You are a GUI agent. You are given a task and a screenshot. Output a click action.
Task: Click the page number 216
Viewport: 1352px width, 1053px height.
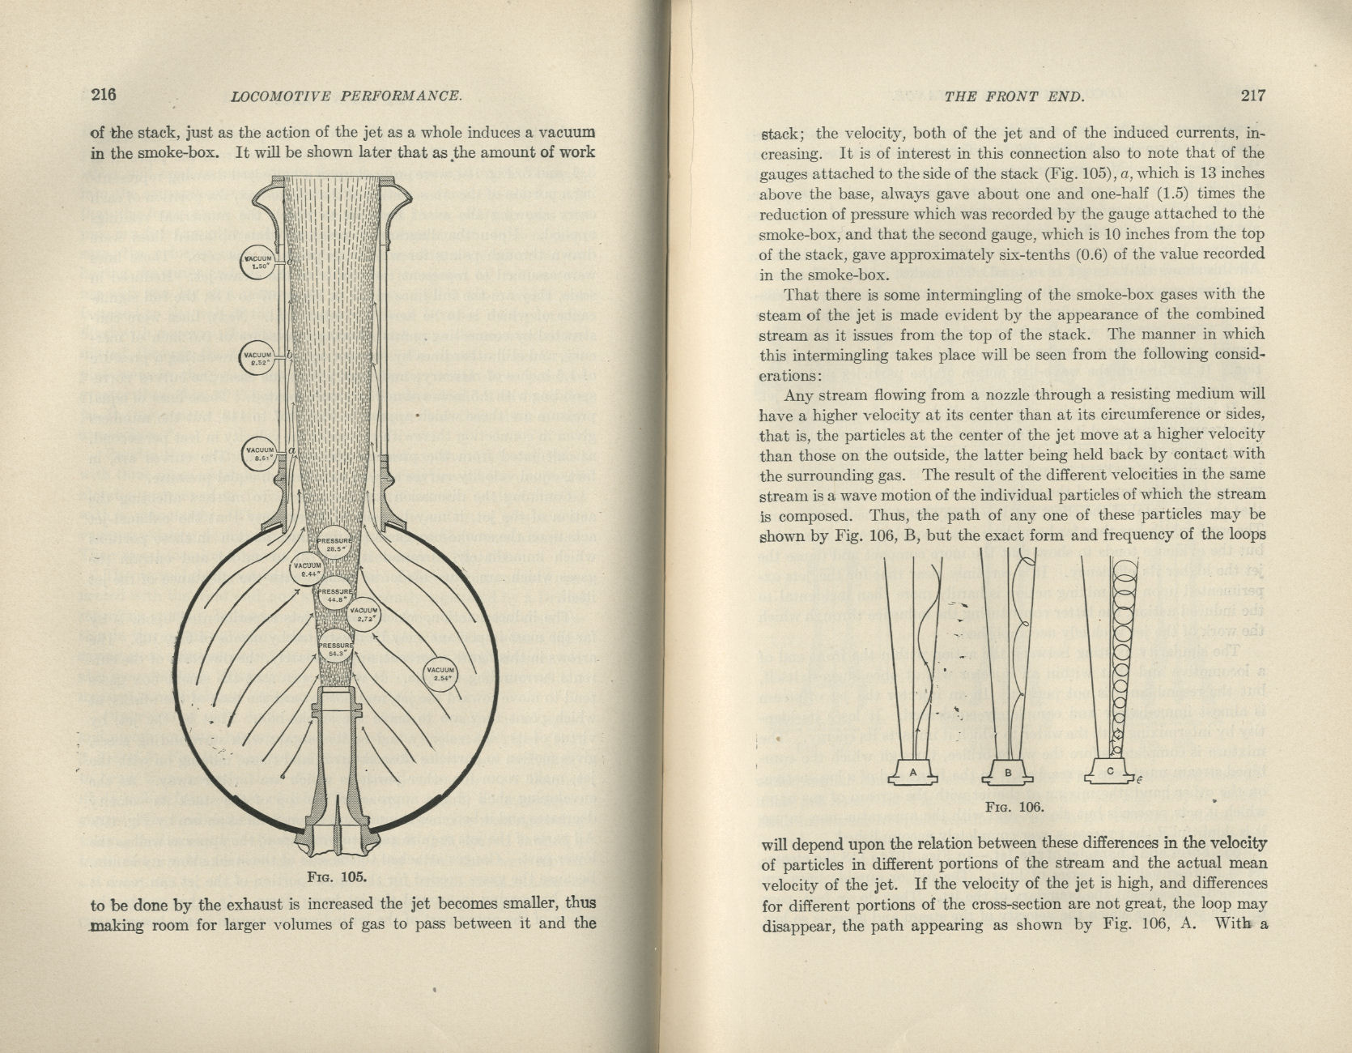pyautogui.click(x=103, y=95)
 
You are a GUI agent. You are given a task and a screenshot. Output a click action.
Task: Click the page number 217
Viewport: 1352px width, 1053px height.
pyautogui.click(x=1252, y=96)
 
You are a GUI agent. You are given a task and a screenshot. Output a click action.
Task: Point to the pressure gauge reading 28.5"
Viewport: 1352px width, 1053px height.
pyautogui.click(x=334, y=544)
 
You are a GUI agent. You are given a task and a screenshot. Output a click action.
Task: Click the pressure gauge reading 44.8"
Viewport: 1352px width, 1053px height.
pyautogui.click(x=334, y=595)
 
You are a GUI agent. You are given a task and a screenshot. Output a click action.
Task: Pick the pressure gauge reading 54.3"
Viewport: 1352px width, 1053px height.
pyautogui.click(x=334, y=648)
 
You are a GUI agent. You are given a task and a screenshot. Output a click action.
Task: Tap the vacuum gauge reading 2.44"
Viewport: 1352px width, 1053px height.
pyautogui.click(x=308, y=569)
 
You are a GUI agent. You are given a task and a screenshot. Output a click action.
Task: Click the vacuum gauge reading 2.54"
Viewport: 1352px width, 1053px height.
pyautogui.click(x=441, y=674)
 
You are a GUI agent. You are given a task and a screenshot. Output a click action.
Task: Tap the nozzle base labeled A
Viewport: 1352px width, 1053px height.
pyautogui.click(x=913, y=773)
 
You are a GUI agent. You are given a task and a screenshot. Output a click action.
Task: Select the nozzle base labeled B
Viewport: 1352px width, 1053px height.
pyautogui.click(x=1008, y=773)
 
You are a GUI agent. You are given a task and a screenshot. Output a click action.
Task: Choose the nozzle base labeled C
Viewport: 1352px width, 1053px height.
pyautogui.click(x=1112, y=772)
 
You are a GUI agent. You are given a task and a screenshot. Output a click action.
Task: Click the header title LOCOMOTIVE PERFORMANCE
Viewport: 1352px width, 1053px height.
pyautogui.click(x=346, y=96)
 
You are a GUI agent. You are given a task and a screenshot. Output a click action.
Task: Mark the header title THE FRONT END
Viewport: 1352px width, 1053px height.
pyautogui.click(x=1014, y=96)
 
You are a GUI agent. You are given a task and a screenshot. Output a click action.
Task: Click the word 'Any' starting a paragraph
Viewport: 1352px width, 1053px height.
pyautogui.click(x=798, y=395)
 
